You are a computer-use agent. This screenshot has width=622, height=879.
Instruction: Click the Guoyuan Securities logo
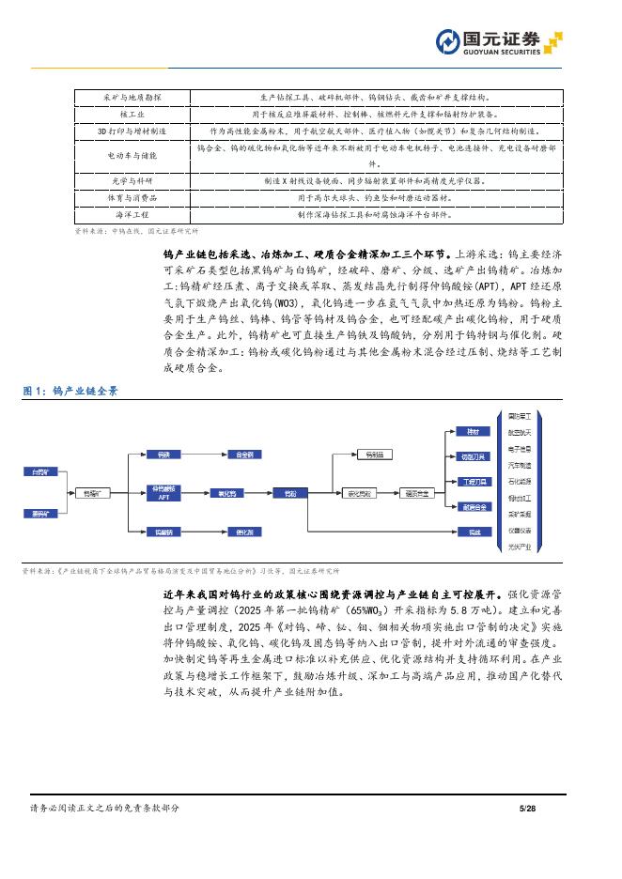click(x=498, y=41)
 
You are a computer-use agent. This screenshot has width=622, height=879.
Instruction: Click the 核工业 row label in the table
click(x=132, y=114)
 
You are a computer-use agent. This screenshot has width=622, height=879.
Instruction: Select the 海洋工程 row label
click(x=132, y=214)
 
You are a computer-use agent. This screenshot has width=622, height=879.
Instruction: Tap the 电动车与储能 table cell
click(x=132, y=155)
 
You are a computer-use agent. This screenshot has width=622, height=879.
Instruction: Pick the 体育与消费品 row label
click(x=132, y=197)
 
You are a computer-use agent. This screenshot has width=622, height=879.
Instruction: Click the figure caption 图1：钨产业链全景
click(x=70, y=391)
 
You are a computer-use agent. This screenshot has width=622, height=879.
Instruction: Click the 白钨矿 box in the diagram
click(x=39, y=471)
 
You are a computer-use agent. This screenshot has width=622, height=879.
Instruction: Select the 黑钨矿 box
click(x=39, y=513)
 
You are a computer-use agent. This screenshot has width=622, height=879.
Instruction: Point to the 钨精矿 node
click(x=95, y=492)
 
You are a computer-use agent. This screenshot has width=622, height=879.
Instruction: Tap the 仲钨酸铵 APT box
click(x=163, y=492)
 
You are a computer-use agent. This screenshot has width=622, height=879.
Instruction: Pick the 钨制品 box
click(x=375, y=455)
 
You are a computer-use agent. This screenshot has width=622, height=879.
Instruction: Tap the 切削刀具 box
click(x=474, y=457)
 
